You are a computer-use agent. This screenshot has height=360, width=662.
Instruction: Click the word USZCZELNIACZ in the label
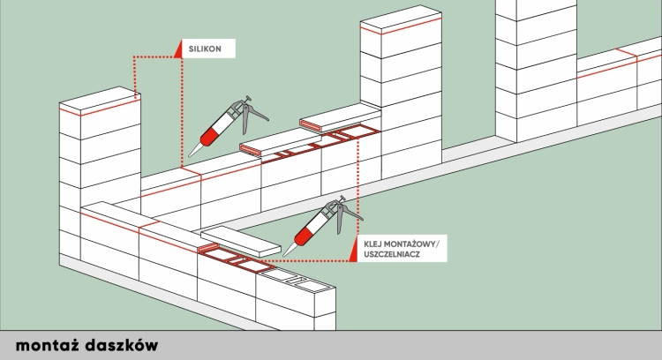click(390, 254)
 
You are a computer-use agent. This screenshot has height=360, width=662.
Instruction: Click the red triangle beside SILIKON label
click(178, 50)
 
